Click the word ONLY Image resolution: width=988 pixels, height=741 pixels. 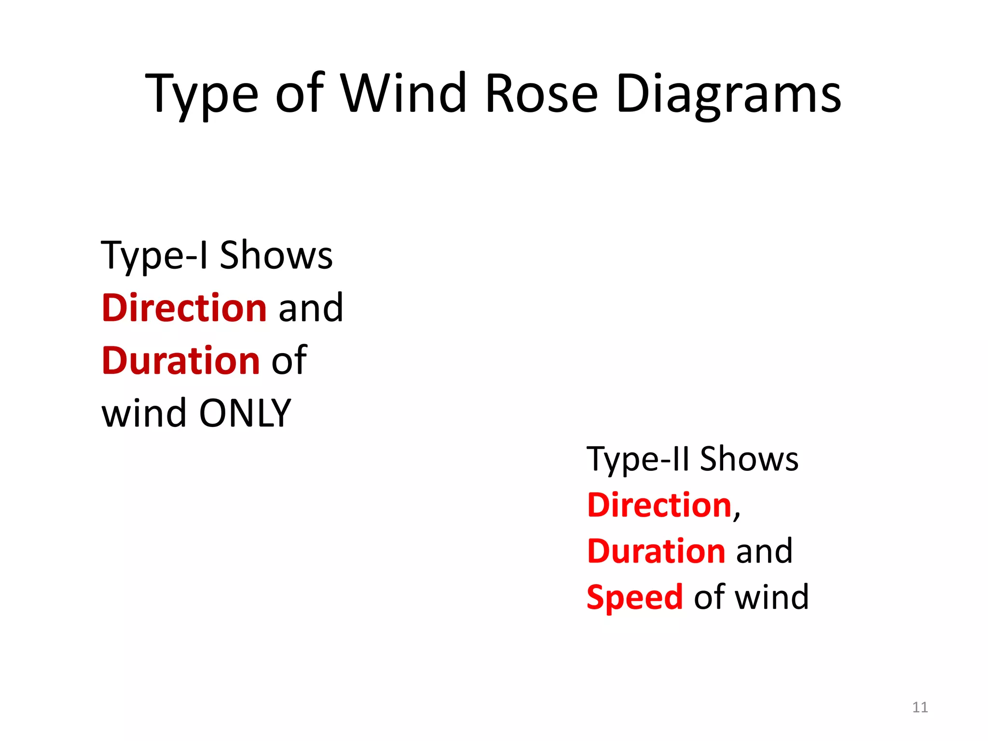pyautogui.click(x=245, y=413)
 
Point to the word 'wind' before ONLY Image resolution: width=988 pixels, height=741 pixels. pyautogui.click(x=144, y=413)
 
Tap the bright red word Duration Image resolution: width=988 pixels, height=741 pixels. pyautogui.click(x=656, y=551)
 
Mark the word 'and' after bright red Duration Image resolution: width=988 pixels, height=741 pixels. pyautogui.click(x=764, y=551)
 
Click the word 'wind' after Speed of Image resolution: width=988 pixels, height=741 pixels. pyautogui.click(x=771, y=597)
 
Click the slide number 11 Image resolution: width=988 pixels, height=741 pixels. pyautogui.click(x=920, y=707)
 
